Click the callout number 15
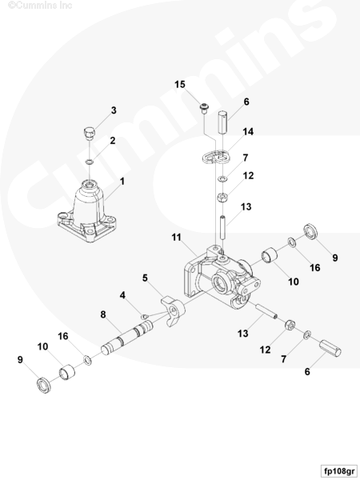click(180, 84)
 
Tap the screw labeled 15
click(204, 108)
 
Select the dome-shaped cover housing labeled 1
click(86, 211)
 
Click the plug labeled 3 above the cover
click(90, 133)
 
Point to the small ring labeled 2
click(89, 161)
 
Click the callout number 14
click(248, 132)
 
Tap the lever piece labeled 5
click(174, 310)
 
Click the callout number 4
click(122, 295)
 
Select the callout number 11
click(176, 238)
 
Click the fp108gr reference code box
click(339, 471)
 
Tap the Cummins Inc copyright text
click(40, 6)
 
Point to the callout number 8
click(103, 314)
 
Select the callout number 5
click(145, 278)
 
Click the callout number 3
click(114, 110)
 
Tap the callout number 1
click(122, 182)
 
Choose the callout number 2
click(113, 141)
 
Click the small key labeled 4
click(145, 316)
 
